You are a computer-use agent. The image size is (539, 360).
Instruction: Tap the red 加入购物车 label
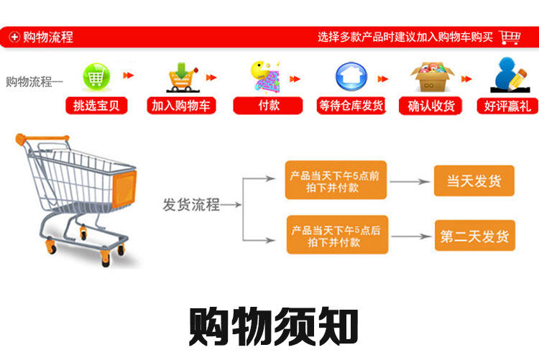(x=180, y=106)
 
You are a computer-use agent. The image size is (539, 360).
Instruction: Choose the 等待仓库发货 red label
(x=351, y=106)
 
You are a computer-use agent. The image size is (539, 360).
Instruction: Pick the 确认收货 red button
(x=431, y=106)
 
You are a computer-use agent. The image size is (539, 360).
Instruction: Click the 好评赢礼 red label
(x=507, y=106)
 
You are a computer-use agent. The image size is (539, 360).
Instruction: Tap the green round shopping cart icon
(x=96, y=75)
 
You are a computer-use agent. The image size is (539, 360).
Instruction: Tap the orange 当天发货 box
(x=474, y=181)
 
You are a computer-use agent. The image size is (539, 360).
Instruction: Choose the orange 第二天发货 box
(x=474, y=236)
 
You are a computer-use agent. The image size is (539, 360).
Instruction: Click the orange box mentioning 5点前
(x=336, y=180)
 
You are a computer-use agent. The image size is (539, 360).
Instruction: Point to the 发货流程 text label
(x=191, y=205)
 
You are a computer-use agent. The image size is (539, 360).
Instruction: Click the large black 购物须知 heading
(x=273, y=327)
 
